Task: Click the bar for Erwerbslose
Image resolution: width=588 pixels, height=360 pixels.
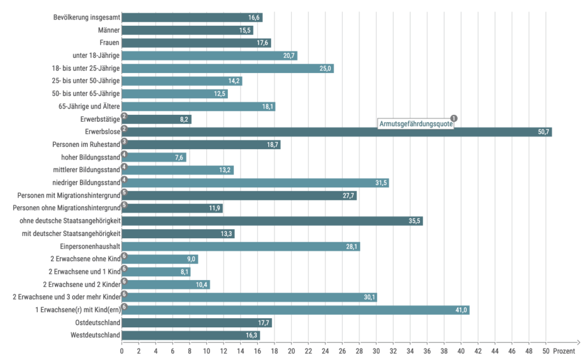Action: (336, 132)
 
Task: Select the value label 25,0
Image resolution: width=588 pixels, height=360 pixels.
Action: (326, 69)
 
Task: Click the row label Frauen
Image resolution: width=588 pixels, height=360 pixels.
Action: (110, 43)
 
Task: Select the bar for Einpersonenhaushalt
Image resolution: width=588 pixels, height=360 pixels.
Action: (241, 247)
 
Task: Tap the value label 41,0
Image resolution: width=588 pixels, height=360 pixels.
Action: (462, 310)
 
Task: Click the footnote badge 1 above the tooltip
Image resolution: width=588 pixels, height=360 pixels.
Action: (454, 118)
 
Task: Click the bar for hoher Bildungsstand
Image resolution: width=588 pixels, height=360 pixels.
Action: (154, 157)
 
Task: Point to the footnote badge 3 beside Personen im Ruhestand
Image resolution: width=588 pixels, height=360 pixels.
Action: (124, 141)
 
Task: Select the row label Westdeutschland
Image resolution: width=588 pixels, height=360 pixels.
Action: (95, 335)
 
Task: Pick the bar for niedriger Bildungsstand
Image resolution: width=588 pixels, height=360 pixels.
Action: (255, 183)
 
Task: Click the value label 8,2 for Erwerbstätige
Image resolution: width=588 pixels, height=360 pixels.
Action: (184, 119)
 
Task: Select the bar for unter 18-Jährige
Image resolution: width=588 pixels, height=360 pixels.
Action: (209, 56)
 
